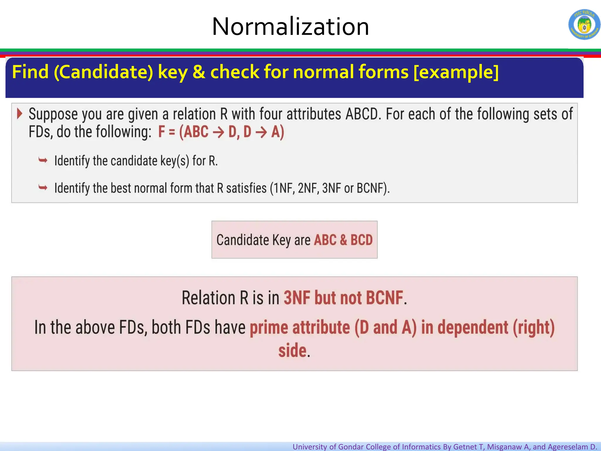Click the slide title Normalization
290,27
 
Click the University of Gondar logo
584,25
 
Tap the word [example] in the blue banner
456,72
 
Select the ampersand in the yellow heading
199,72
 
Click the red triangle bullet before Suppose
19,114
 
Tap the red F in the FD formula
161,132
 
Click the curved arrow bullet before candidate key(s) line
43,160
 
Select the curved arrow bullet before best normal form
43,187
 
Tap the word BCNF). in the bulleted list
373,188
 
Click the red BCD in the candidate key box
361,240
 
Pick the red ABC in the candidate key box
325,240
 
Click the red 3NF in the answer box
297,298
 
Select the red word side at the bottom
292,350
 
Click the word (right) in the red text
534,328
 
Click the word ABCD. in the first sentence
363,114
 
